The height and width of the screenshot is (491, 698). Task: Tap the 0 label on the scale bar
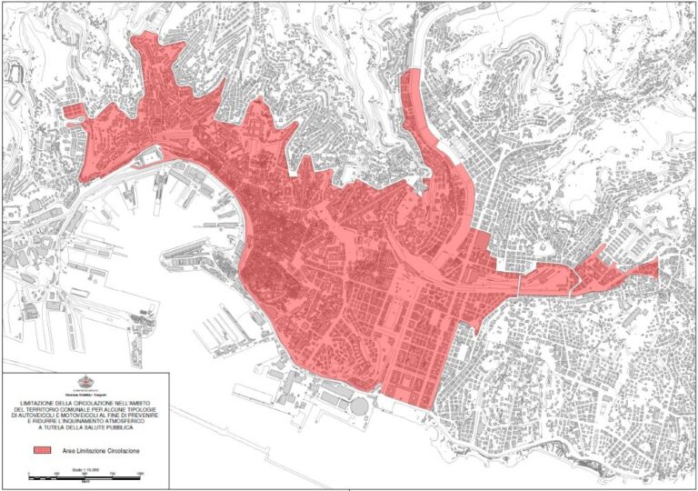pyautogui.click(x=31, y=474)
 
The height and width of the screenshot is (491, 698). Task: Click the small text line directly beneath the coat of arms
pyautogui.click(x=87, y=395)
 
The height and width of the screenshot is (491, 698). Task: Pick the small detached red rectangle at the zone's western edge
pyautogui.click(x=71, y=112)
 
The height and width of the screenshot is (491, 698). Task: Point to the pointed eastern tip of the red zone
pyautogui.click(x=655, y=266)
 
